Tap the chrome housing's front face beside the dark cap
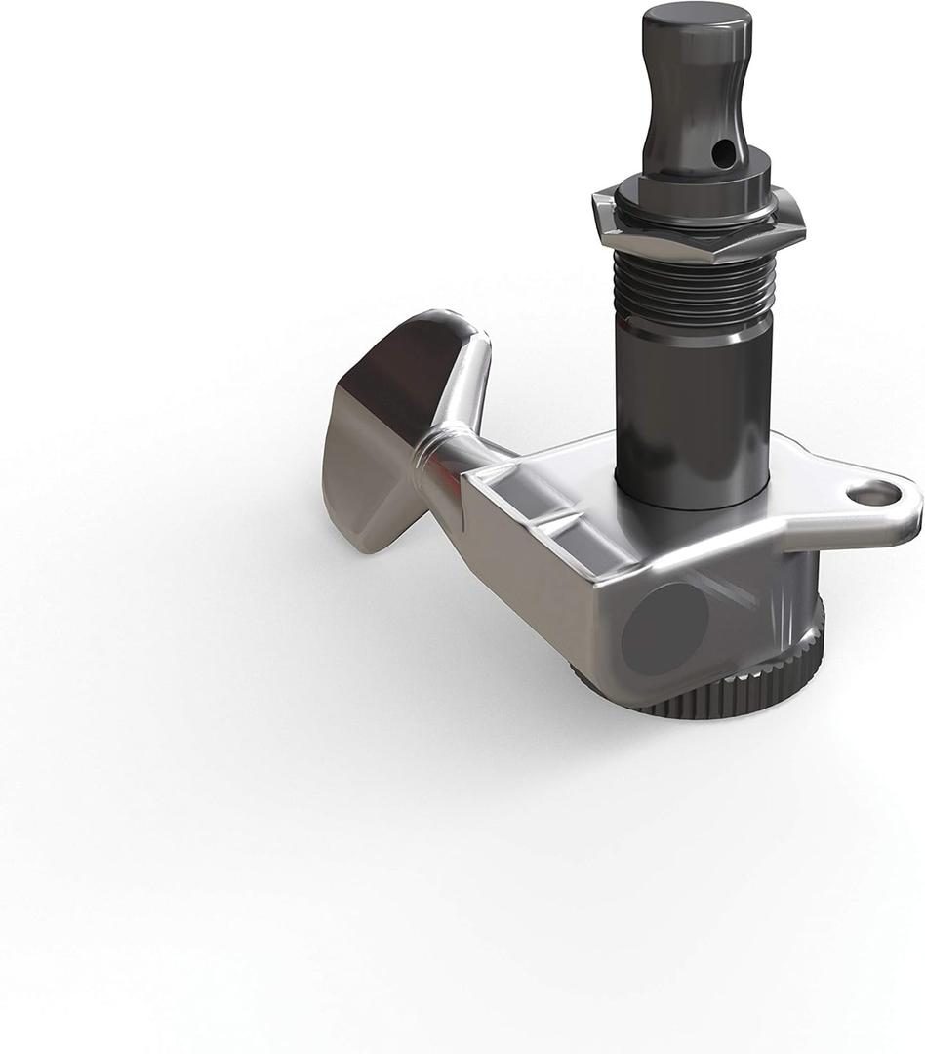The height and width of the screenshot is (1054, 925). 546,566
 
